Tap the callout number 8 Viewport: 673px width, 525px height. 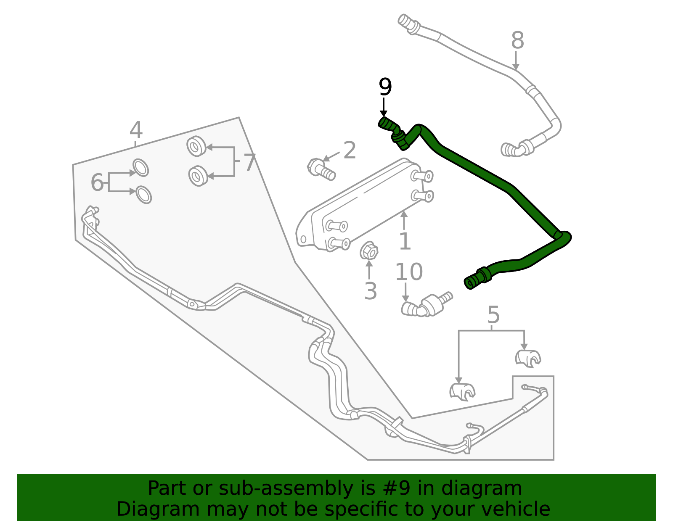pyautogui.click(x=517, y=40)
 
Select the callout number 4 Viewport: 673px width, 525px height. pyautogui.click(x=136, y=130)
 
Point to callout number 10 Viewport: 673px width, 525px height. pyautogui.click(x=409, y=272)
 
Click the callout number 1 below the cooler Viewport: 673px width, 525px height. pyautogui.click(x=405, y=241)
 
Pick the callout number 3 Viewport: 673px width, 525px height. pyautogui.click(x=371, y=291)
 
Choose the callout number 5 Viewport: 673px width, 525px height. pyautogui.click(x=493, y=315)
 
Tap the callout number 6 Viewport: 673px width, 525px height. pyautogui.click(x=97, y=182)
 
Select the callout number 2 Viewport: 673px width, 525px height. pyautogui.click(x=350, y=150)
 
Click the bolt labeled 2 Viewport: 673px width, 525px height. pyautogui.click(x=321, y=169)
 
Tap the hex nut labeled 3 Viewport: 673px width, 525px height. pyautogui.click(x=368, y=251)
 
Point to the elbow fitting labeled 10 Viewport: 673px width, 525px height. pyautogui.click(x=426, y=305)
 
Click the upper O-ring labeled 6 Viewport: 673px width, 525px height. pyautogui.click(x=141, y=168)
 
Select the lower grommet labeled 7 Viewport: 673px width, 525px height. pyautogui.click(x=198, y=176)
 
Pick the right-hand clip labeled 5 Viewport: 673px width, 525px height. pyautogui.click(x=528, y=358)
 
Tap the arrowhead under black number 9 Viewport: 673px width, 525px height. pyautogui.click(x=384, y=114)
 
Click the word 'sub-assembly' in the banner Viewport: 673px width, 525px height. pyautogui.click(x=286, y=488)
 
